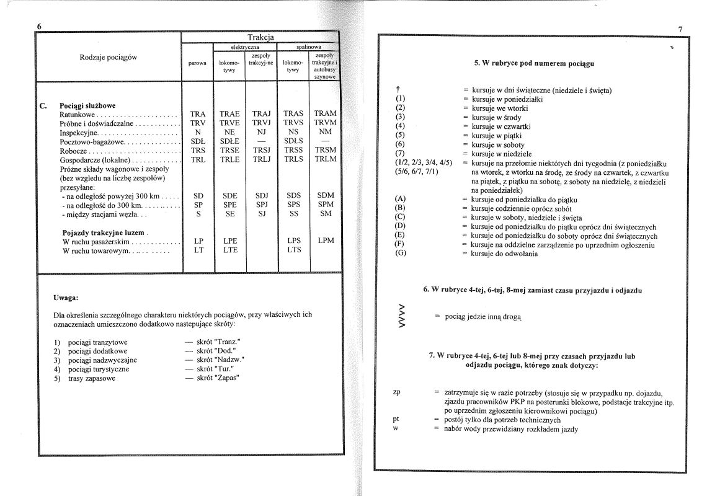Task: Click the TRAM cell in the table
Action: pos(325,114)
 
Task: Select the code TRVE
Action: pos(229,123)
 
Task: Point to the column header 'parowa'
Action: pos(197,63)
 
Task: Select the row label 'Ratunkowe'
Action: pos(78,115)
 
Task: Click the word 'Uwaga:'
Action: pos(66,298)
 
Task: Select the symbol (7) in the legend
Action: pos(399,153)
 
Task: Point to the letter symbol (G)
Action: pos(400,254)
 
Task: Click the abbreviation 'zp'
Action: pos(398,392)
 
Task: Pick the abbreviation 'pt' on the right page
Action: pos(396,419)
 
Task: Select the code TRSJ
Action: pos(261,150)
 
